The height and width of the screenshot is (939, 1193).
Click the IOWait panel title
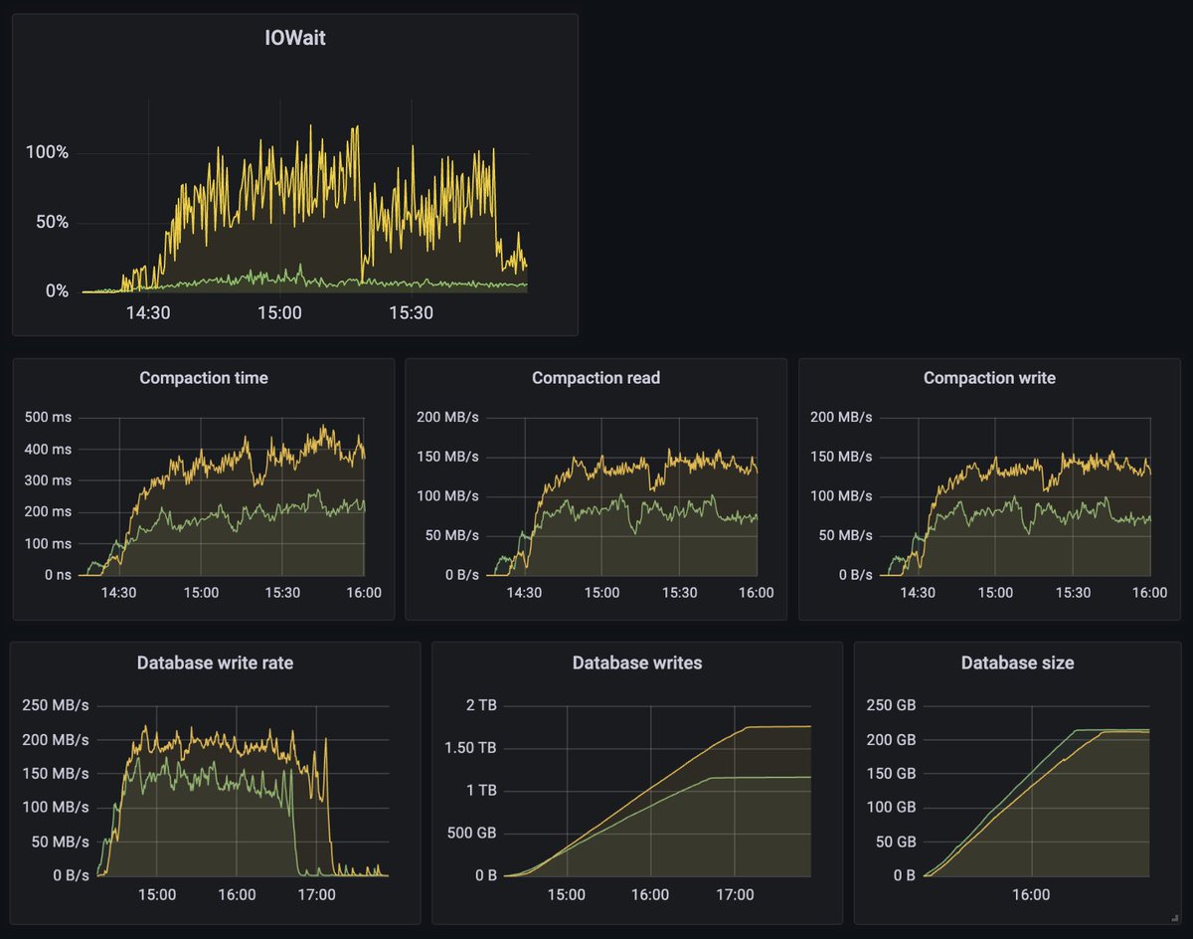click(294, 40)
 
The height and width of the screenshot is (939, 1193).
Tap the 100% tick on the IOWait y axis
click(47, 152)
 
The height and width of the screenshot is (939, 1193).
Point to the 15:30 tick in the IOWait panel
click(411, 312)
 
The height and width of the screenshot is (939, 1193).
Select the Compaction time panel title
click(203, 378)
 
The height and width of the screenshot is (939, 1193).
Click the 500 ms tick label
click(48, 417)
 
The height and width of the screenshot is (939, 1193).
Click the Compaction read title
click(596, 378)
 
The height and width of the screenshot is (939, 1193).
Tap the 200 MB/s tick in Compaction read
click(447, 417)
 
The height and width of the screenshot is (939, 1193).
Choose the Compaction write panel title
click(989, 378)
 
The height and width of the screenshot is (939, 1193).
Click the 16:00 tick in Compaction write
click(1150, 593)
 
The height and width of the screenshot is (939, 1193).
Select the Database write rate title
click(215, 662)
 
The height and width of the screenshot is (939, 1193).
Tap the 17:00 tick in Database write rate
click(317, 894)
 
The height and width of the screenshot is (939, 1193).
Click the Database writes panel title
click(637, 662)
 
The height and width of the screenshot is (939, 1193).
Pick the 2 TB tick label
click(481, 705)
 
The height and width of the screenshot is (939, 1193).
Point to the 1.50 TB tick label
click(472, 748)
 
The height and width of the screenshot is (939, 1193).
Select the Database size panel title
click(1017, 662)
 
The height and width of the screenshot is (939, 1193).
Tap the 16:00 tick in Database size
click(1031, 894)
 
